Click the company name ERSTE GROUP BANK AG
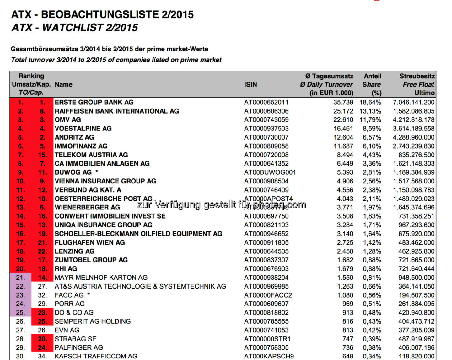(94, 102)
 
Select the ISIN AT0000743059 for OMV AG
(266, 120)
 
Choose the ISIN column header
(250, 84)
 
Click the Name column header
(63, 84)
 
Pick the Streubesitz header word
(417, 76)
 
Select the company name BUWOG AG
(73, 172)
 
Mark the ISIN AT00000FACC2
(268, 295)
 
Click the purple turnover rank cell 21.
(20, 278)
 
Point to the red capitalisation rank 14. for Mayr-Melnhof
(42, 278)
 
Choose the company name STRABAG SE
(75, 339)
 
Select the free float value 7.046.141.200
(413, 102)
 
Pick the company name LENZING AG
(74, 251)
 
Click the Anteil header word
(373, 76)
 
